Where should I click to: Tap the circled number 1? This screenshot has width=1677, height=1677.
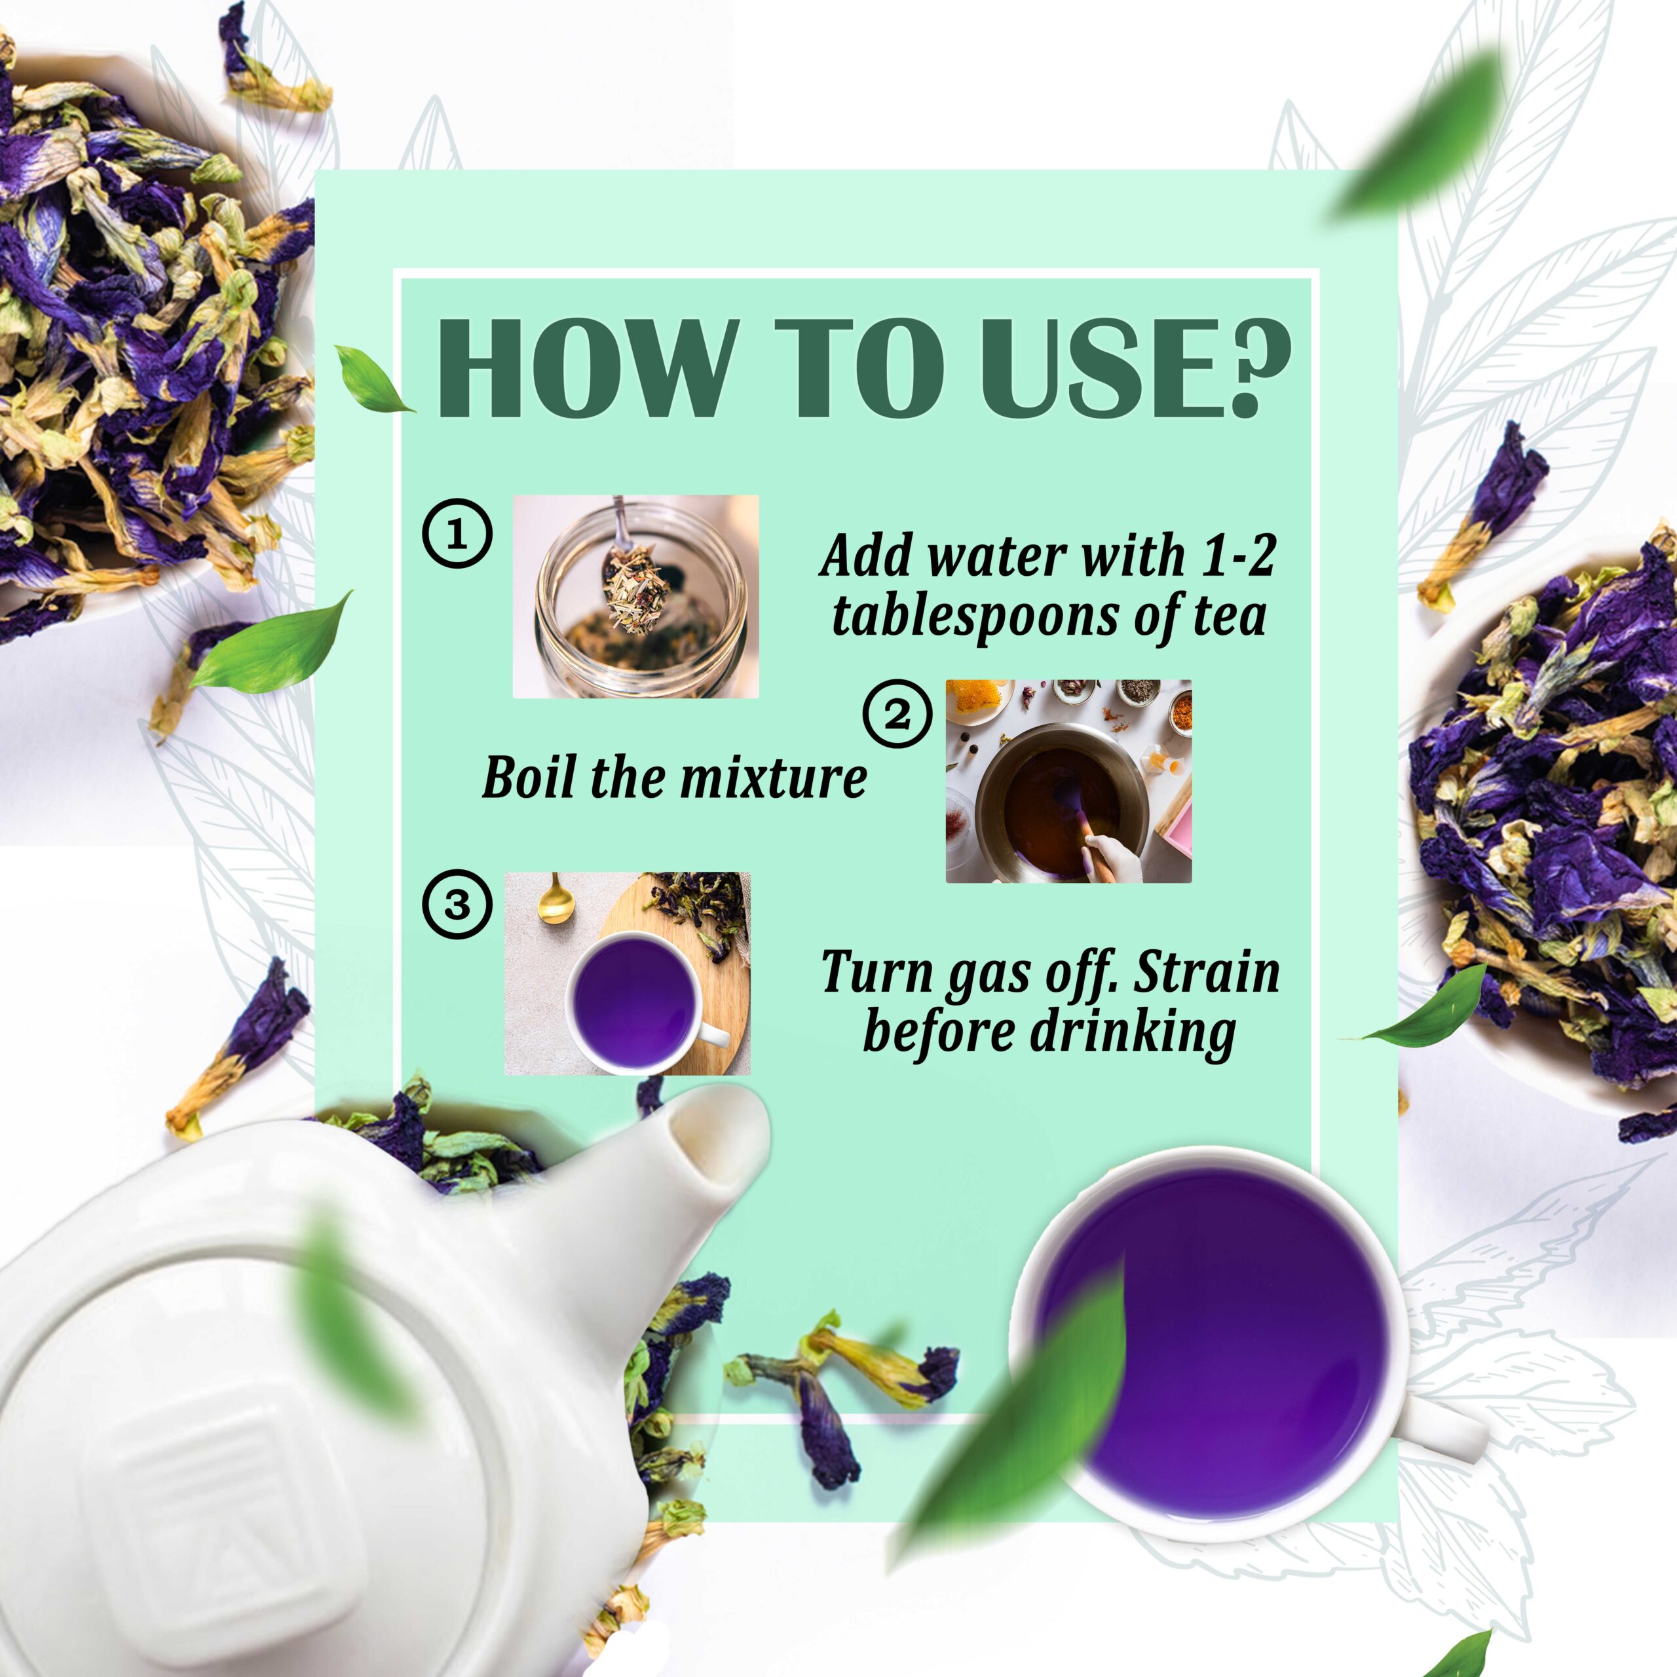tap(457, 534)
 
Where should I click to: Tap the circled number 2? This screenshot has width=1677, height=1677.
tap(897, 715)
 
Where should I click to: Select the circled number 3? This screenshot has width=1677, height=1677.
tap(457, 905)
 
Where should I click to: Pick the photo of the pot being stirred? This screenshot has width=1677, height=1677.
tap(1068, 782)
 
